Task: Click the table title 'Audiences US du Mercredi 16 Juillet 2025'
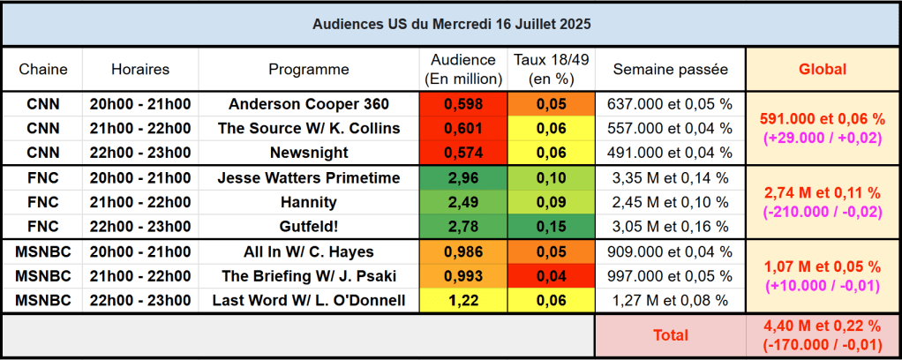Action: [x=451, y=24]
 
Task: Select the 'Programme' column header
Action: [x=309, y=69]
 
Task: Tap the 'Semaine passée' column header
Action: [x=670, y=69]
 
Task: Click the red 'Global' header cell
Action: [x=822, y=69]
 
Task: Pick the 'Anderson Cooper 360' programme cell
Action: [x=309, y=104]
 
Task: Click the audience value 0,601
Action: [x=463, y=128]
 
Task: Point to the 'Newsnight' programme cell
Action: [x=309, y=152]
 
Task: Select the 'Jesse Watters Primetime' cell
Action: [x=309, y=178]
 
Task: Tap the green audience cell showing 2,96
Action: [x=463, y=178]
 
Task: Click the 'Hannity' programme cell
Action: [x=309, y=202]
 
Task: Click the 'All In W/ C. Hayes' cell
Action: [x=309, y=252]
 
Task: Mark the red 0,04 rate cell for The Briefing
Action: [x=552, y=276]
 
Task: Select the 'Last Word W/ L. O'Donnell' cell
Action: [x=309, y=301]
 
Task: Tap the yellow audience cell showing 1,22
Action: [x=463, y=301]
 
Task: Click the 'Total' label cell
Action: [x=670, y=335]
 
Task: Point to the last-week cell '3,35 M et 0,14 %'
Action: [x=670, y=178]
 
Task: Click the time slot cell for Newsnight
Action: [x=140, y=152]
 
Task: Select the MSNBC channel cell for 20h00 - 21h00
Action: [x=43, y=252]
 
